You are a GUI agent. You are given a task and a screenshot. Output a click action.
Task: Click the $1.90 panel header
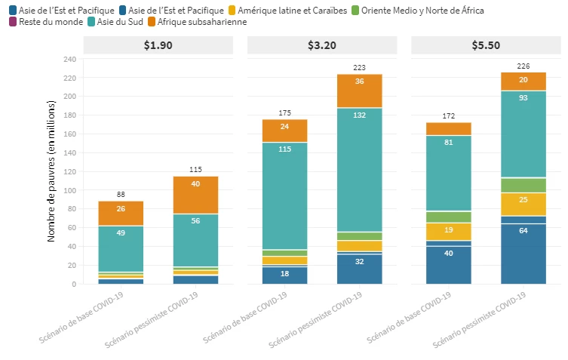158,45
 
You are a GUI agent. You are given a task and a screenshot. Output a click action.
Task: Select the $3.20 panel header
322,45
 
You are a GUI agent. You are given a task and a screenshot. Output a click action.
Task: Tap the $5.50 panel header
486,45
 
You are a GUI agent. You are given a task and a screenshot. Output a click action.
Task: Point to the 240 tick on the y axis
70,59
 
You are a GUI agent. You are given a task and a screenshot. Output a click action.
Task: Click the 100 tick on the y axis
70,190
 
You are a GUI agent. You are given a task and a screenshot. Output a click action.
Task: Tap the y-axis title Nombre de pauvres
52,171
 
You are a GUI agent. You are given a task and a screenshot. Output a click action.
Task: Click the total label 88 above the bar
121,194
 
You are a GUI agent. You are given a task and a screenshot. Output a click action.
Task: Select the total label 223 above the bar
359,67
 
